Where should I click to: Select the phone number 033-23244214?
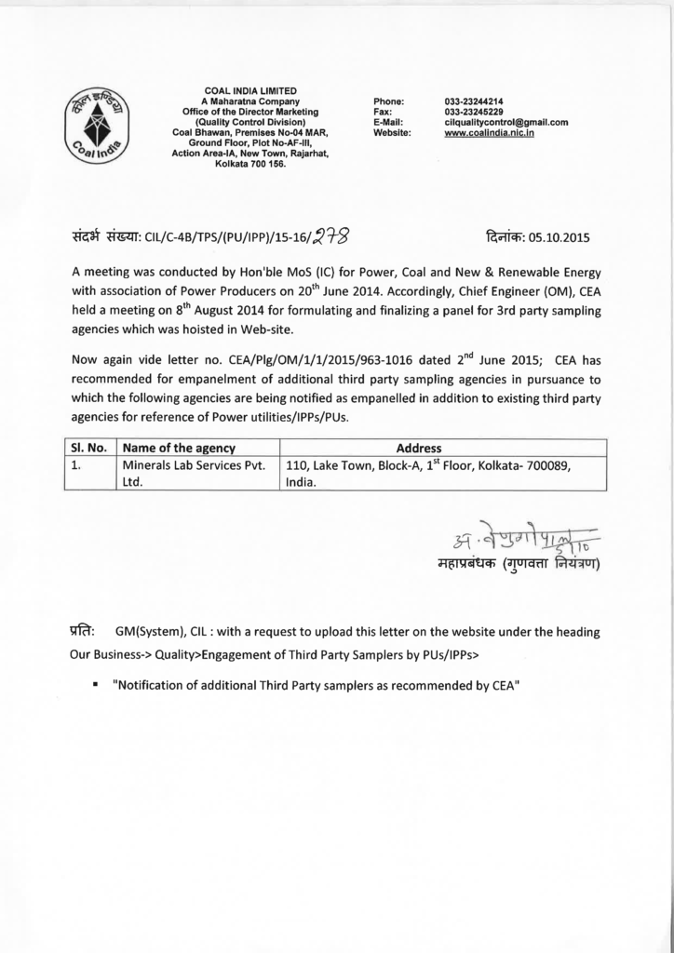(475, 101)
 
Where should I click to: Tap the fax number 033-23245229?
(475, 112)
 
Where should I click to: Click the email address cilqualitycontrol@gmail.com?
(506, 122)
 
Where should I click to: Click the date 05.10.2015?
(558, 236)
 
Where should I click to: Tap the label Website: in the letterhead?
(392, 133)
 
